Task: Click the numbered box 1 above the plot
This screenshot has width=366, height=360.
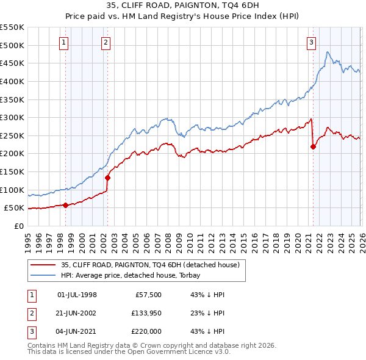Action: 65,42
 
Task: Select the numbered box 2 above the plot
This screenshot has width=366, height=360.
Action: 106,42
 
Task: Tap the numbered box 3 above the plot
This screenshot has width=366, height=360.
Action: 311,42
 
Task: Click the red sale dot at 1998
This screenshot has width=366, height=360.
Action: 65,205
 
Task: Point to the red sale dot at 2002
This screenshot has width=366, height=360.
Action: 107,178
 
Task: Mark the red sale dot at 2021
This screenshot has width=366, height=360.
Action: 314,146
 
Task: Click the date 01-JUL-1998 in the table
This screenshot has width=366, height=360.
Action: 77,295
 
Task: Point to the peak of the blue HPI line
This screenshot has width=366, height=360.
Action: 328,52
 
